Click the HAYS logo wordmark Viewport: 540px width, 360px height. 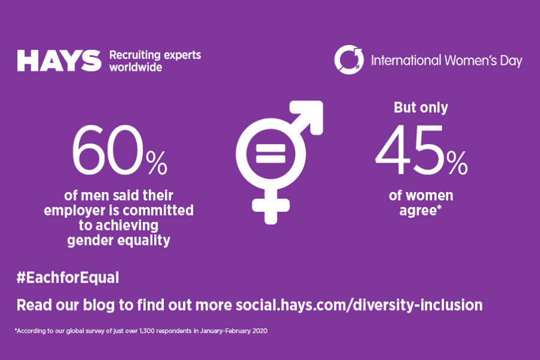[59, 61]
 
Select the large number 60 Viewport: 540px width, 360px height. [107, 150]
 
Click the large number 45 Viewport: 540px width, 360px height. [410, 150]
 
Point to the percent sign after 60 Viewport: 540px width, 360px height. [157, 163]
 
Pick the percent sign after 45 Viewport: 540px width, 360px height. [457, 163]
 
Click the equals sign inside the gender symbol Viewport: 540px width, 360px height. [271, 154]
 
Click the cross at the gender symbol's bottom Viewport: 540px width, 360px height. [271, 206]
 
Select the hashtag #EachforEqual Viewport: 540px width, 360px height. [68, 278]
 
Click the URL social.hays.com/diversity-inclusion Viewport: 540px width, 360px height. [359, 305]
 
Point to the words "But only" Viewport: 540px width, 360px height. [421, 107]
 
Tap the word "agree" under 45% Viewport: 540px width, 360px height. [418, 211]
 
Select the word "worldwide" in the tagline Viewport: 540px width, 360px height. [136, 67]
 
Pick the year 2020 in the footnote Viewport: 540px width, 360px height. [260, 331]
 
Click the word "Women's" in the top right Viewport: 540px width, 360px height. [471, 61]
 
